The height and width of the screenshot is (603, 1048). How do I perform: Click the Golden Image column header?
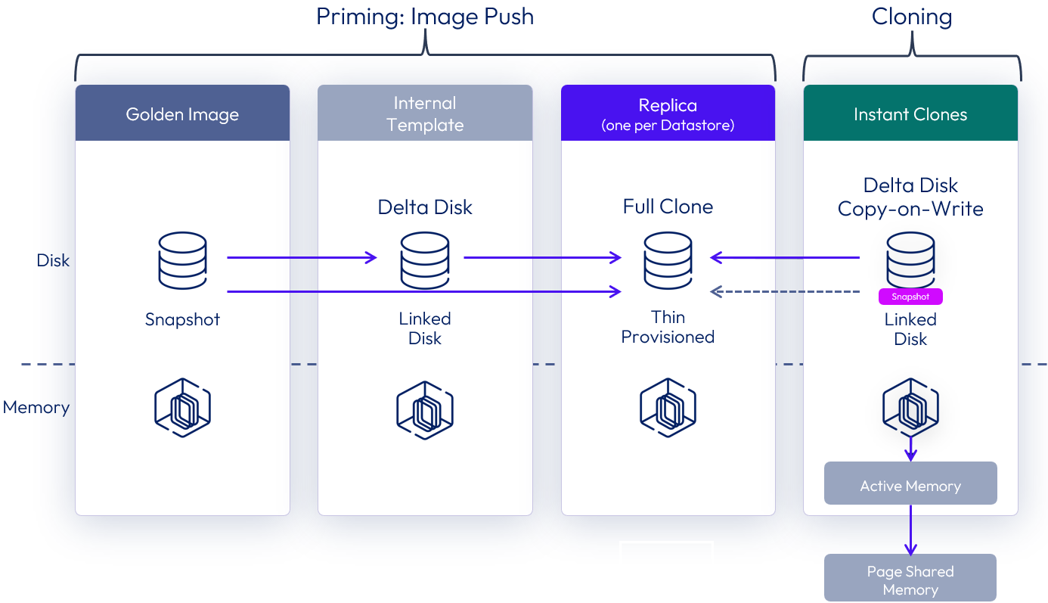tap(182, 113)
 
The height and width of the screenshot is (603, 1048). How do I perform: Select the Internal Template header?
tap(425, 113)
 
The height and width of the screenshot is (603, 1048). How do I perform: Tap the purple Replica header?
tap(668, 113)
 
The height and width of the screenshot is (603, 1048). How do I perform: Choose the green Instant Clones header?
tap(910, 113)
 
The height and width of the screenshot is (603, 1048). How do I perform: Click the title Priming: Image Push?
tap(425, 17)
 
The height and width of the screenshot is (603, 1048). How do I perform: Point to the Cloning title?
tap(911, 17)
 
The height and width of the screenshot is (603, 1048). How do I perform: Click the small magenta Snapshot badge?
tap(910, 297)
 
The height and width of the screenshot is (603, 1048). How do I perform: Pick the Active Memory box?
tap(910, 485)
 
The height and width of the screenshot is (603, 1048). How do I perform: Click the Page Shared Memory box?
tap(910, 580)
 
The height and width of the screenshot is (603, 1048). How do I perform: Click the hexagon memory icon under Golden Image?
tap(182, 409)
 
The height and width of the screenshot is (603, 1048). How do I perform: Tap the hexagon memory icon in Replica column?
tap(668, 409)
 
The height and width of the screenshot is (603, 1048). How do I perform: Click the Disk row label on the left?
tap(53, 260)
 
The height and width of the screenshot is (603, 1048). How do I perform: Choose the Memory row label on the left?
tap(36, 408)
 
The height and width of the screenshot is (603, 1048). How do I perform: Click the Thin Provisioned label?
tap(668, 327)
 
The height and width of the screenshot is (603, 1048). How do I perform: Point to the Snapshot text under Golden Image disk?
tap(182, 319)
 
